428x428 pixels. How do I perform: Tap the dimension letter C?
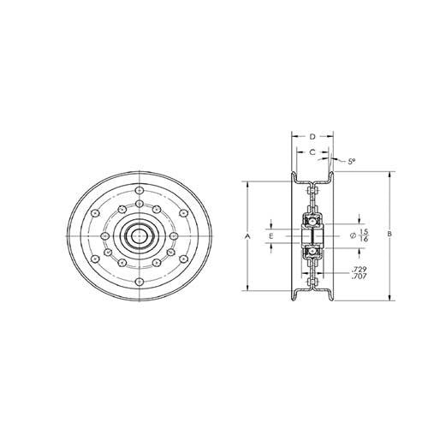[313, 152]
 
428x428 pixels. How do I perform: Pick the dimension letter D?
[312, 136]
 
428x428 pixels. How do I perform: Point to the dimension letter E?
[271, 235]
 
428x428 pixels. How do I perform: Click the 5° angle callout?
[351, 160]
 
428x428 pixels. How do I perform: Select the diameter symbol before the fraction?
[353, 236]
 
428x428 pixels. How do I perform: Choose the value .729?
[360, 269]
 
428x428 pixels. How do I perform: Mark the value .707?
[360, 277]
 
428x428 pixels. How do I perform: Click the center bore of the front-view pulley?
[138, 235]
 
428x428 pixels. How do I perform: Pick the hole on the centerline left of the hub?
[104, 235]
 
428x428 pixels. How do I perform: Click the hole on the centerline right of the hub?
[172, 235]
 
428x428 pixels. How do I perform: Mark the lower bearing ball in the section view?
[312, 249]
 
